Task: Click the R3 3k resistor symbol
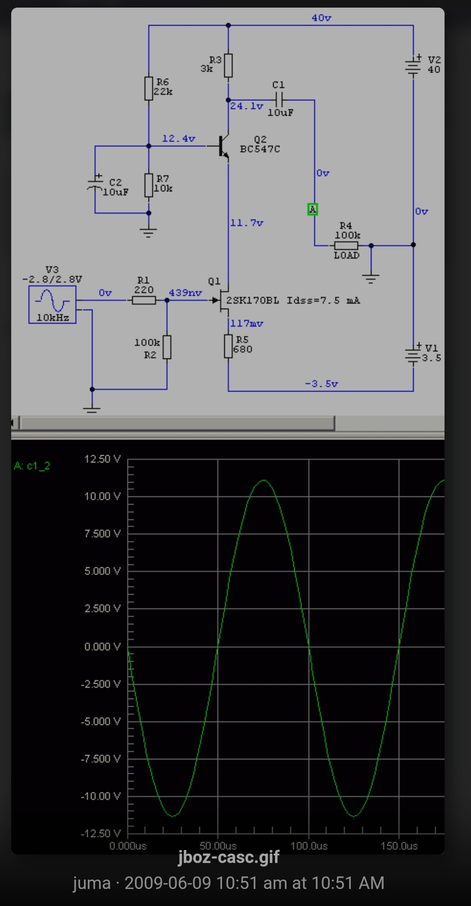pyautogui.click(x=228, y=65)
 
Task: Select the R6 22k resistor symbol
pyautogui.click(x=149, y=88)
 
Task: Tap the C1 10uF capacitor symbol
pyautogui.click(x=279, y=99)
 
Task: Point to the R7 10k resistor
pyautogui.click(x=149, y=186)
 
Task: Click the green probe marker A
pyautogui.click(x=313, y=209)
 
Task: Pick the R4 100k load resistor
pyautogui.click(x=346, y=246)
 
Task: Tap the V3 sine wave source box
pyautogui.click(x=52, y=305)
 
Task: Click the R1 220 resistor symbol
pyautogui.click(x=144, y=300)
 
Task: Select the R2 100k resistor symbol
pyautogui.click(x=167, y=347)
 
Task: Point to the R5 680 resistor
pyautogui.click(x=228, y=346)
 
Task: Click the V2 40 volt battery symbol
pyautogui.click(x=413, y=65)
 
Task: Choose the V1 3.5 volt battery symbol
pyautogui.click(x=413, y=354)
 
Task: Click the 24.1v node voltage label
pyautogui.click(x=247, y=106)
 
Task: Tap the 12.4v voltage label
pyautogui.click(x=179, y=138)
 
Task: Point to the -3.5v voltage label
pyautogui.click(x=322, y=384)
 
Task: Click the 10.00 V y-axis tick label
pyautogui.click(x=102, y=496)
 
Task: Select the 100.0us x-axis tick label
pyautogui.click(x=309, y=846)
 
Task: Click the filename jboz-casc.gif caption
pyautogui.click(x=229, y=857)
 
